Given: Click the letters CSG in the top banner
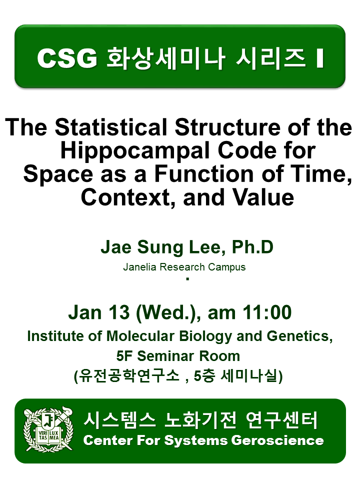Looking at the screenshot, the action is [67, 58].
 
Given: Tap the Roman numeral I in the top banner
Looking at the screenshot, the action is [320, 58].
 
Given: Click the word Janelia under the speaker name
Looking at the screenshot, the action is [140, 267].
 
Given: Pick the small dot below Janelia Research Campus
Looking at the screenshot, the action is [187, 278].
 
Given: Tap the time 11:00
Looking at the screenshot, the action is [267, 312].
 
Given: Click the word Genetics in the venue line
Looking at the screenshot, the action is [299, 336].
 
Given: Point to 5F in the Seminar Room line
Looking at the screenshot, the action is [125, 356].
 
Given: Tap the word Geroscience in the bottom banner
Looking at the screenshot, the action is [277, 440].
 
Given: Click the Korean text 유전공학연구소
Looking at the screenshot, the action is [129, 376].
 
